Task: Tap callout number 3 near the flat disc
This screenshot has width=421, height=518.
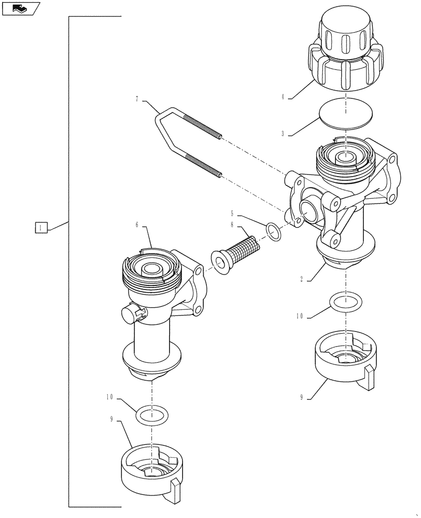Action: point(284,134)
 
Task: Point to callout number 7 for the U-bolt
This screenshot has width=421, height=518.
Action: point(137,99)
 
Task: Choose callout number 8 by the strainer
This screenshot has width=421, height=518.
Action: point(233,225)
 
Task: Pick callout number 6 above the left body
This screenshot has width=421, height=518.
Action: point(137,226)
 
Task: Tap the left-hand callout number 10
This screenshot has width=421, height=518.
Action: point(109,398)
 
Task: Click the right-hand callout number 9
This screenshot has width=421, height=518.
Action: point(301,398)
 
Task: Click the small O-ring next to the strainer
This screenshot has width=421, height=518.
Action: point(275,232)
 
